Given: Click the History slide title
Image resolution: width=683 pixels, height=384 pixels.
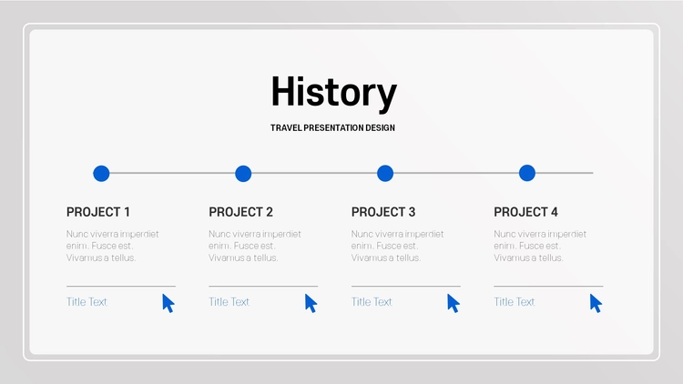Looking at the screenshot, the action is click(333, 92).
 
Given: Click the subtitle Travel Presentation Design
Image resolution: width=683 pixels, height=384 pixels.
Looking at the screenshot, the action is click(332, 128).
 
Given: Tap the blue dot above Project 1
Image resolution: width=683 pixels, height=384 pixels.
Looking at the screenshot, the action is click(101, 173).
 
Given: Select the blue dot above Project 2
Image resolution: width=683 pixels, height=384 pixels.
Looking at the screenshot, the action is click(243, 173).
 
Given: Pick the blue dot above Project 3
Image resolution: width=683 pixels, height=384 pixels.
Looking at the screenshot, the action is click(385, 173).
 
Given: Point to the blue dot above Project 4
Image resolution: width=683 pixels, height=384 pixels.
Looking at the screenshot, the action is click(527, 173).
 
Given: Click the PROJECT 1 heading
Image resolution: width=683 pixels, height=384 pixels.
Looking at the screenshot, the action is click(98, 212).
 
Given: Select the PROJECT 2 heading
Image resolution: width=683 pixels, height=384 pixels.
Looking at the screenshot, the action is click(240, 212).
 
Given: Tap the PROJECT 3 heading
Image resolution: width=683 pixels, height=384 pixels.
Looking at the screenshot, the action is click(383, 212).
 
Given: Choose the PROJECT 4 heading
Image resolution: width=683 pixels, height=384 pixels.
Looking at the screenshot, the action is click(525, 212).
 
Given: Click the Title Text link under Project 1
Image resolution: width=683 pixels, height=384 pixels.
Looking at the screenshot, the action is click(87, 302).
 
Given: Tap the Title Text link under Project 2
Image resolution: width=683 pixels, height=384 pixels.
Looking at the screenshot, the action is click(229, 302).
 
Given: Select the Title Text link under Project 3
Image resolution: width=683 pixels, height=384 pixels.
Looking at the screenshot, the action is click(372, 302).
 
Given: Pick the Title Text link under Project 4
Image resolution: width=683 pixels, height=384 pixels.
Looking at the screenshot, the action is click(514, 302).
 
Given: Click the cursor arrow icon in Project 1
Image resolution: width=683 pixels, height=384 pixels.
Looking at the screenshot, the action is click(168, 303).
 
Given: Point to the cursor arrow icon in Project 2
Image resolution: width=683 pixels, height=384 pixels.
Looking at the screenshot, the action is click(311, 303).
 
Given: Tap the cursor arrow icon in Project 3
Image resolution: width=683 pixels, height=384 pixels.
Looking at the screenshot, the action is click(453, 303).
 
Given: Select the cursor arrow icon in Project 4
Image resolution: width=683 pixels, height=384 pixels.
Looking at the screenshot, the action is click(596, 303).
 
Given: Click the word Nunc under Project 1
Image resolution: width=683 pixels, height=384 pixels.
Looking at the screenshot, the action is click(76, 234).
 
